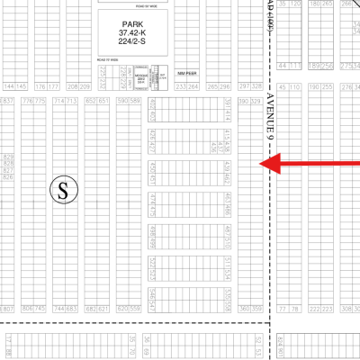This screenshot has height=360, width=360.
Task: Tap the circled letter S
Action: (x=63, y=189)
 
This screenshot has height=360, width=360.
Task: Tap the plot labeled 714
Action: (x=58, y=102)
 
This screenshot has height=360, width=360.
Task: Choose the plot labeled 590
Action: (x=122, y=102)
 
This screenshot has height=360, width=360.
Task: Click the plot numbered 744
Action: (x=58, y=309)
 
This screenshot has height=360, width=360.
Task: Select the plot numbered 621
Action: (x=103, y=309)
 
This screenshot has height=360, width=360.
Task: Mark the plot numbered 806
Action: (x=26, y=309)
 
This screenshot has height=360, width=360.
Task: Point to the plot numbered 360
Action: (x=245, y=309)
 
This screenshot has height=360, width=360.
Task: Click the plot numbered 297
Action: (x=245, y=86)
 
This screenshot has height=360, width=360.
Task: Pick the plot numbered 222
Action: (x=315, y=309)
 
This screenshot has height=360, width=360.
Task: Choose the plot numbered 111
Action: (x=295, y=66)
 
